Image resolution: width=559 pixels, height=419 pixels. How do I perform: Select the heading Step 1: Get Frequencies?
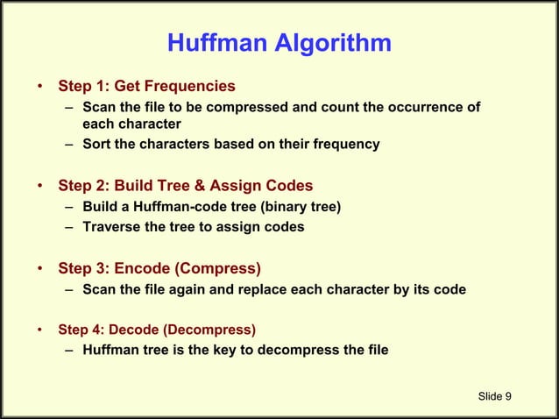click(146, 86)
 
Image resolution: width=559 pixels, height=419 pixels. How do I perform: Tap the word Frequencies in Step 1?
click(194, 86)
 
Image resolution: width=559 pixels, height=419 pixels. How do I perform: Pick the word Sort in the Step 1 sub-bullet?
click(96, 145)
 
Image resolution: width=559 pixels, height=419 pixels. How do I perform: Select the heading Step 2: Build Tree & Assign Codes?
click(185, 186)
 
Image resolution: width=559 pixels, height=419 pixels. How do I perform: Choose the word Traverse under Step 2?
click(110, 227)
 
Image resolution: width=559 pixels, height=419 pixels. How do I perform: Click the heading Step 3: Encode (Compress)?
click(159, 268)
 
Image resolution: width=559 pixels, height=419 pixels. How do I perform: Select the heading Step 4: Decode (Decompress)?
click(157, 330)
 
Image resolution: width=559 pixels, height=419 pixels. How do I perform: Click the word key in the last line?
click(229, 351)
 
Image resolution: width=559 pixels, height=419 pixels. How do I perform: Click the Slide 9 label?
click(495, 396)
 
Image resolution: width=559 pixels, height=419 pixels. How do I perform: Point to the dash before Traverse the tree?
click(68, 227)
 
